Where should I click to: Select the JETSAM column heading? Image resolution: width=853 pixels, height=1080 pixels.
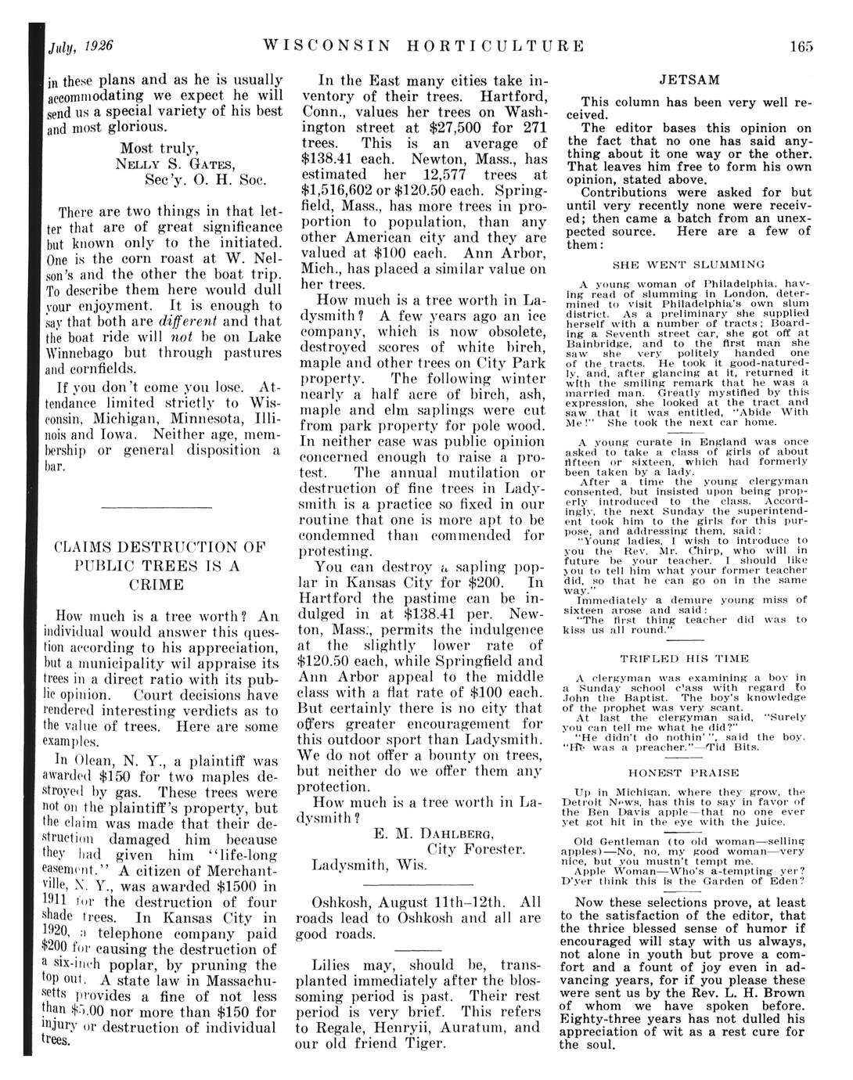689,80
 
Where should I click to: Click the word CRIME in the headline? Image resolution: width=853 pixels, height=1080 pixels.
157,585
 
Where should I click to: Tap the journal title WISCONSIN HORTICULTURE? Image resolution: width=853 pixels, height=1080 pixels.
424,46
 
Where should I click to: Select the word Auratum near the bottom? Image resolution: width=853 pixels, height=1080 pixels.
459,1028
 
